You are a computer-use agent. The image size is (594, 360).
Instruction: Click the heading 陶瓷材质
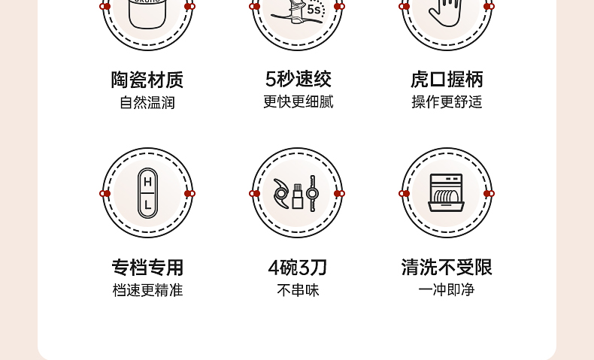(x=147, y=80)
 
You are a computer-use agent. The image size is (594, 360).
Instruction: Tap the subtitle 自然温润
(x=147, y=102)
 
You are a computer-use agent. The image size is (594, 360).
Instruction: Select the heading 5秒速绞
(x=298, y=79)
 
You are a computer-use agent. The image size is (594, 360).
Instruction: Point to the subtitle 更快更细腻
(x=298, y=101)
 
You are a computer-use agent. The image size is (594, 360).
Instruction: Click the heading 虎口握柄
(x=447, y=80)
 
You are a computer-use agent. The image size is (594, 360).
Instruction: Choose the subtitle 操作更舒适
(x=447, y=102)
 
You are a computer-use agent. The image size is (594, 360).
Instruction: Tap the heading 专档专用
(x=147, y=267)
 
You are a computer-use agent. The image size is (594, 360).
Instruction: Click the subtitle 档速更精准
(x=147, y=289)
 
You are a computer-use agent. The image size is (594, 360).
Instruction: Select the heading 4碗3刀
(x=298, y=267)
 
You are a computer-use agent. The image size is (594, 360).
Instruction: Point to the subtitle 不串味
(x=298, y=289)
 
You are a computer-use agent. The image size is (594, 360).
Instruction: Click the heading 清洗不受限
(x=447, y=267)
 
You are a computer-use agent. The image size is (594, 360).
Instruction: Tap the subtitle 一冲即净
(x=447, y=289)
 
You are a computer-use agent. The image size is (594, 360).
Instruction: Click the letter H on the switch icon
(x=147, y=182)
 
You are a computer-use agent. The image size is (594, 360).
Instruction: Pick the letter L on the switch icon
(x=147, y=204)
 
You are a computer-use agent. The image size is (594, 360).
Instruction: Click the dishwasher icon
(x=447, y=193)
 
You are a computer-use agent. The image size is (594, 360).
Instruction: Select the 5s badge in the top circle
(x=314, y=10)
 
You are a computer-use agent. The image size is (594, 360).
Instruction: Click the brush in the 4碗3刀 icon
(x=298, y=194)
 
